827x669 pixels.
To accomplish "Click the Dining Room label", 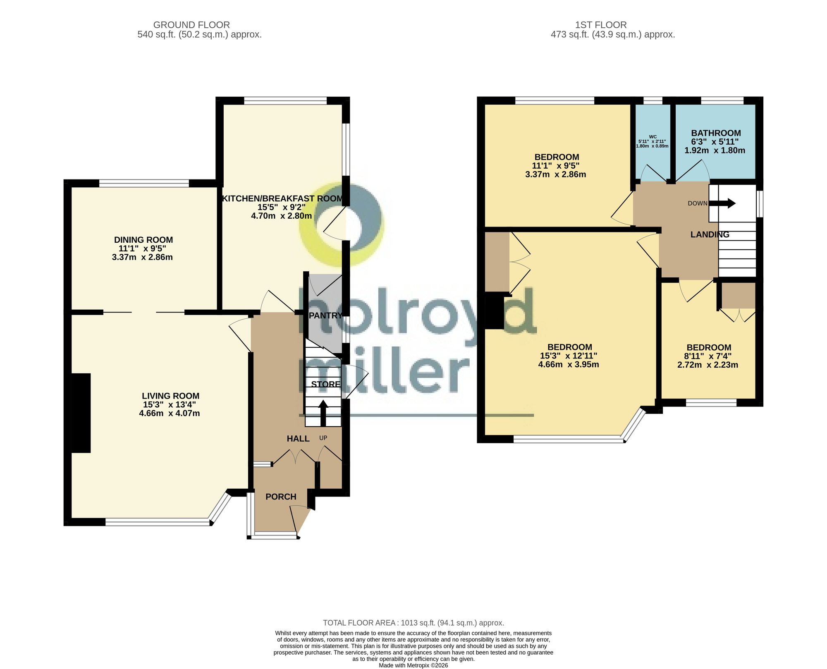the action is [x=143, y=240].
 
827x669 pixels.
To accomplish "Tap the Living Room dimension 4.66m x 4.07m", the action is [x=170, y=413].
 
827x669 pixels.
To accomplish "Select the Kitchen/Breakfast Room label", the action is [x=283, y=198].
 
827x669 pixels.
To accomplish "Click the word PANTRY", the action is [x=326, y=315].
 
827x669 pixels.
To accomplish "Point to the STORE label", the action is [x=326, y=384].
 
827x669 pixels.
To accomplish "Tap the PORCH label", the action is [x=281, y=497].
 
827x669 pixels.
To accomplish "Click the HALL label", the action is [x=298, y=439].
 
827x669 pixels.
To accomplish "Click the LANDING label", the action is [x=710, y=234].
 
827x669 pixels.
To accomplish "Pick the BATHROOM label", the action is [x=716, y=133].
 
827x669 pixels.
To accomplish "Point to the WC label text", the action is [x=653, y=137].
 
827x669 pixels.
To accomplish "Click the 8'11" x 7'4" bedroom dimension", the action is [x=707, y=356].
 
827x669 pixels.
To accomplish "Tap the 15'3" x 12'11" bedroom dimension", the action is [x=569, y=356].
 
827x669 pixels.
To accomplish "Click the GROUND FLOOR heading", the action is [x=191, y=25].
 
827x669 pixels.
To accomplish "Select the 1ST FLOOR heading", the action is [x=601, y=25].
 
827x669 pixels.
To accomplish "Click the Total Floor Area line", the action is [x=413, y=623].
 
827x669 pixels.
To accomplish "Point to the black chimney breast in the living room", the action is [x=81, y=413].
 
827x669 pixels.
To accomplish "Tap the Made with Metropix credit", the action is [x=413, y=665].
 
